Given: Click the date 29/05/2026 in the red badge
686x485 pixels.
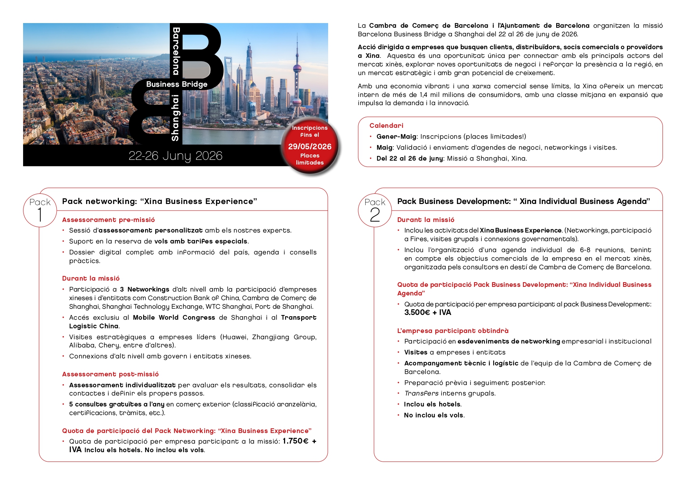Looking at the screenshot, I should click(x=310, y=147).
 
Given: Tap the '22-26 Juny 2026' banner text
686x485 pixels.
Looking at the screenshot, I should click(x=175, y=156).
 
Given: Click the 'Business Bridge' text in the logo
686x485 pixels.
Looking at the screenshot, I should click(x=177, y=84).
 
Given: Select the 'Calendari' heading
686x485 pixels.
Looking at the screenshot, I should click(x=386, y=125).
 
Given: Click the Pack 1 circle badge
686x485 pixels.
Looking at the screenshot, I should click(x=40, y=210).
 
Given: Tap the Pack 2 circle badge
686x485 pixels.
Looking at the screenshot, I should click(x=375, y=210).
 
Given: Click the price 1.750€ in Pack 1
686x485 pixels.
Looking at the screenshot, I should click(x=295, y=441).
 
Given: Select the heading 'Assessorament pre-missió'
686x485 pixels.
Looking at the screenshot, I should click(x=108, y=220).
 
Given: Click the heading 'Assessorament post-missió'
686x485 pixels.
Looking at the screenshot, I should click(x=110, y=374).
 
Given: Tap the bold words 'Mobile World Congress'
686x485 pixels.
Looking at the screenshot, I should click(x=174, y=318).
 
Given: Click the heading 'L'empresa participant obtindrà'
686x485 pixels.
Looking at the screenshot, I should click(x=453, y=331).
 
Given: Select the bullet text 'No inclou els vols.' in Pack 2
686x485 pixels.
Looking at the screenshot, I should click(x=434, y=415).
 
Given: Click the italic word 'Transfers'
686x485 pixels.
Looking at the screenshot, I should click(x=421, y=394).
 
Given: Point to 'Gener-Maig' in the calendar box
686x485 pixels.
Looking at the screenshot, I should click(x=396, y=137).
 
